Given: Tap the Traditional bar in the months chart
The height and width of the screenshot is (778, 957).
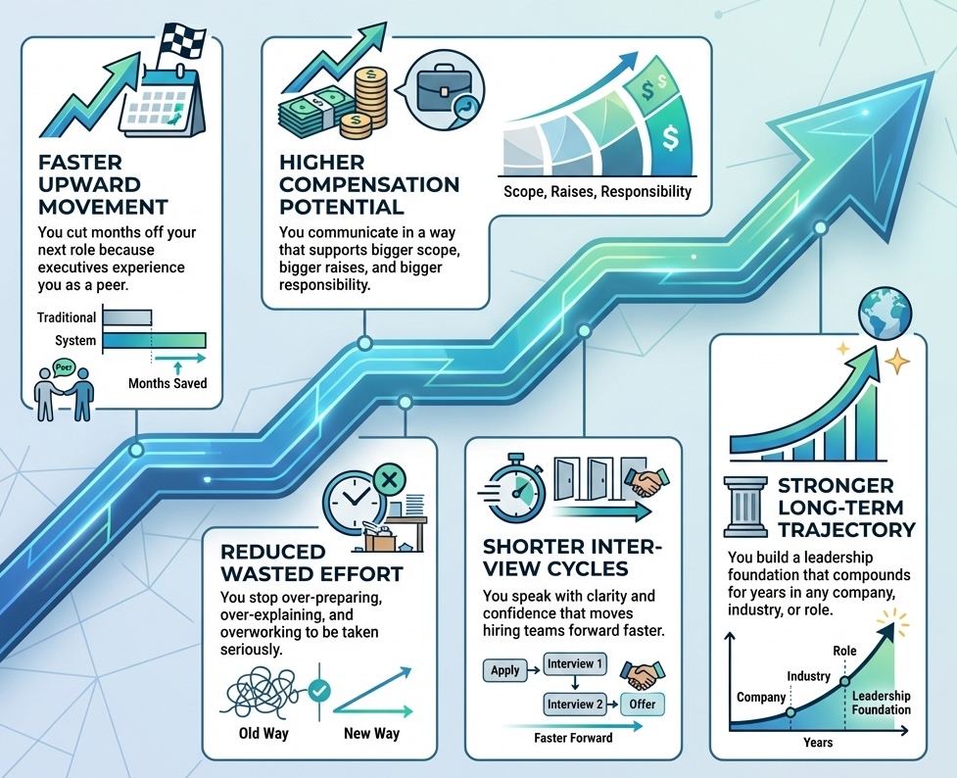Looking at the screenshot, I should [x=127, y=317].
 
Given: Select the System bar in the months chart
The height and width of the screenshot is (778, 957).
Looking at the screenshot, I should [x=154, y=340].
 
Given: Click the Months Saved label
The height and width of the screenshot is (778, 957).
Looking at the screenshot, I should [x=167, y=383].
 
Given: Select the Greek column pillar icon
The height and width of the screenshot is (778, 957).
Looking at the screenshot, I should [x=741, y=509].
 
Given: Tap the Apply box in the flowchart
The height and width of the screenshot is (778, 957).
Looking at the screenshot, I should [x=504, y=671].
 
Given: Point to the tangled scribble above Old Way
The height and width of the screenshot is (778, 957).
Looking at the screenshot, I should [x=262, y=692].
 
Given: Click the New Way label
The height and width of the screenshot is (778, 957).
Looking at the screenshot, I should [x=371, y=733].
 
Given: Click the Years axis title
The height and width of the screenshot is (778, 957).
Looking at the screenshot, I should [x=818, y=742].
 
